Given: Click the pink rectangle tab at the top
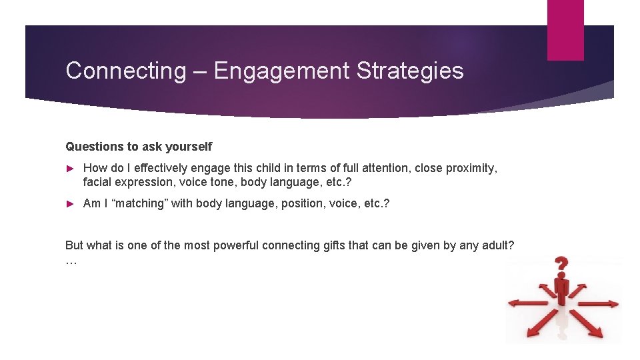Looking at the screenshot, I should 565,30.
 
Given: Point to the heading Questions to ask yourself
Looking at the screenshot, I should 139,146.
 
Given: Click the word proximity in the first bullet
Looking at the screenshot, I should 471,168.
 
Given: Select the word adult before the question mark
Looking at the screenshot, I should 497,245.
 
